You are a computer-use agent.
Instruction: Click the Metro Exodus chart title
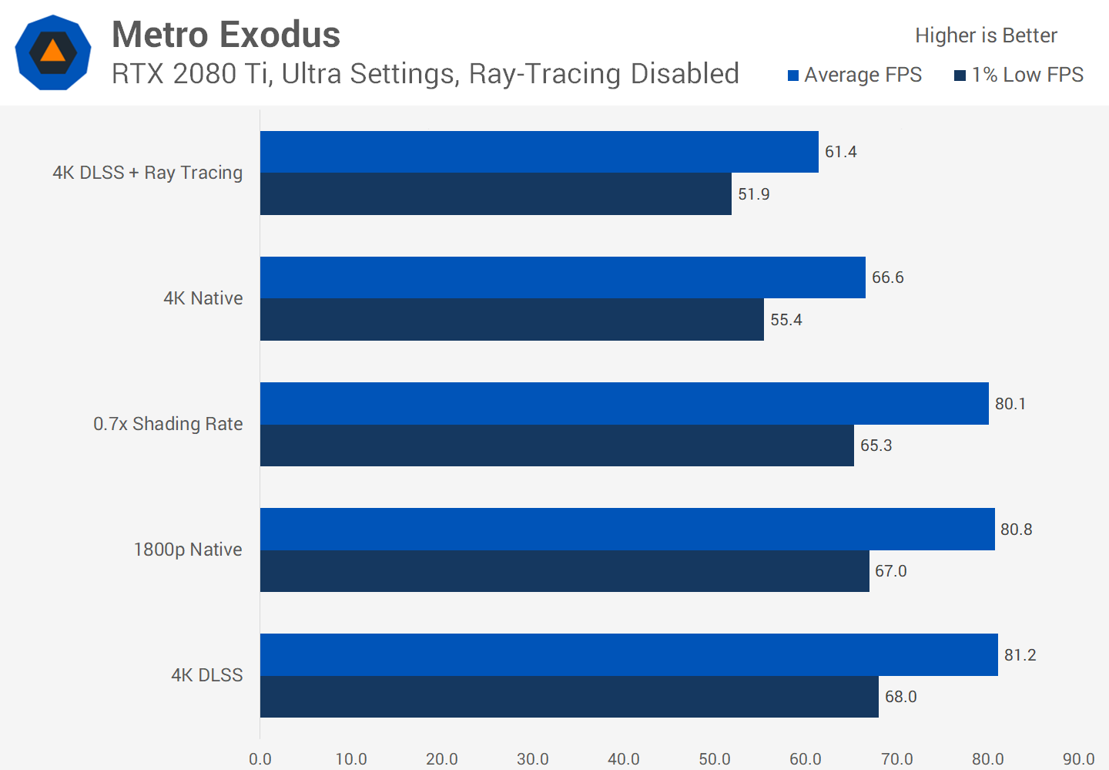[x=226, y=35]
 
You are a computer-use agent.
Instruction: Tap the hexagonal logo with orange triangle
[x=53, y=52]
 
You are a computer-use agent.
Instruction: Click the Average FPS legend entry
[x=855, y=75]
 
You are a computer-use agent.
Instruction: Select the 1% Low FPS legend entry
[x=1019, y=75]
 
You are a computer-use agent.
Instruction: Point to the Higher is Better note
[x=986, y=35]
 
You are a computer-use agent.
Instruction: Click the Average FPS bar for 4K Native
[x=562, y=277]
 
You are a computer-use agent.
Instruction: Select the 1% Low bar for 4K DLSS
[x=569, y=697]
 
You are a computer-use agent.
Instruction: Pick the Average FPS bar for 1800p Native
[x=627, y=529]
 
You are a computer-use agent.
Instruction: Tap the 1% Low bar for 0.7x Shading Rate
[x=557, y=446]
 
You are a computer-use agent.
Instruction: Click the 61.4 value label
[x=840, y=152]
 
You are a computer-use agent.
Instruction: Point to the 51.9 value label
[x=753, y=194]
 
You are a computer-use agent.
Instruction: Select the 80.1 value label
[x=1010, y=404]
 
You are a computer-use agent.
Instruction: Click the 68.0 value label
[x=900, y=697]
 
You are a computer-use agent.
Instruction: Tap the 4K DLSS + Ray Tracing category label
[x=147, y=173]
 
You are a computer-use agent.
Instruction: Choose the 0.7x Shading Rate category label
[x=168, y=424]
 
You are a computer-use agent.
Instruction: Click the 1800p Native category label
[x=188, y=550]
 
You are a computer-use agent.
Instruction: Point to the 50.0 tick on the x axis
[x=714, y=758]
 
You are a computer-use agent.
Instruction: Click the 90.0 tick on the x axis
[x=1078, y=758]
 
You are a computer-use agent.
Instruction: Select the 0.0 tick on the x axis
[x=260, y=758]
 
